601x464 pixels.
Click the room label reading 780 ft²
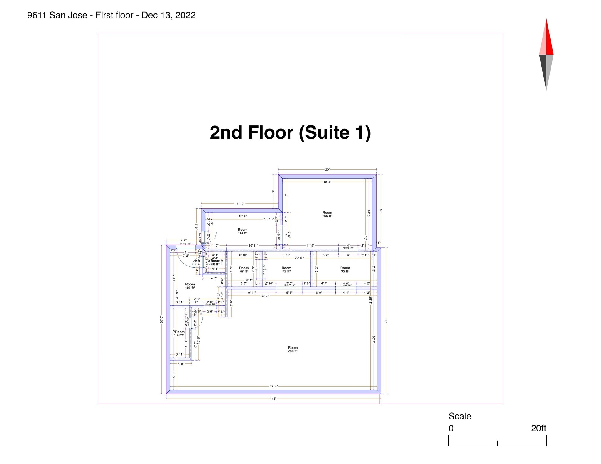click(x=293, y=349)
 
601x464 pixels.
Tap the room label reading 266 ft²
click(x=327, y=214)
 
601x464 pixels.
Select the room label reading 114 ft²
click(x=243, y=232)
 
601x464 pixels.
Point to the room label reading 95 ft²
click(x=345, y=270)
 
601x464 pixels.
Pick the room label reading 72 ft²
click(x=286, y=270)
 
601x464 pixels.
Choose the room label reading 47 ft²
click(x=244, y=270)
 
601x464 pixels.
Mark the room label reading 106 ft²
click(x=190, y=286)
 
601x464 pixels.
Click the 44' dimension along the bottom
click(x=274, y=399)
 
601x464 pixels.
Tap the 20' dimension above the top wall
click(x=327, y=169)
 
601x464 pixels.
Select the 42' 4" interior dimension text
click(x=274, y=386)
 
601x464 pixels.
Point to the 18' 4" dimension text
click(x=327, y=182)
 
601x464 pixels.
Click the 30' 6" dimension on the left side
click(x=161, y=319)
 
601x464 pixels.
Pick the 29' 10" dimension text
click(x=299, y=258)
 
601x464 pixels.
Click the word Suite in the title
click(x=324, y=132)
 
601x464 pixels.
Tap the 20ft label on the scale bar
click(x=538, y=428)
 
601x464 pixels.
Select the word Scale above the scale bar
click(x=460, y=416)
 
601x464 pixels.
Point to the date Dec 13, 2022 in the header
click(x=168, y=15)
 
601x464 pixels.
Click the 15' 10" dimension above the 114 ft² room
click(x=239, y=204)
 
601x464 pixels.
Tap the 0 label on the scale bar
click(x=451, y=428)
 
